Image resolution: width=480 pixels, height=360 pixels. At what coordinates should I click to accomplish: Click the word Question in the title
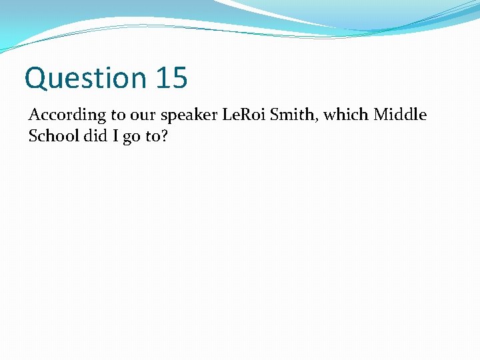(x=85, y=78)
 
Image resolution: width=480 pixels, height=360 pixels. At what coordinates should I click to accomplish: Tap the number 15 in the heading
(x=172, y=78)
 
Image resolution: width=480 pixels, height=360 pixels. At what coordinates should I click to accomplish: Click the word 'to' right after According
(x=119, y=115)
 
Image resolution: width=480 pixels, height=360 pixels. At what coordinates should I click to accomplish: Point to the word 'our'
(x=143, y=115)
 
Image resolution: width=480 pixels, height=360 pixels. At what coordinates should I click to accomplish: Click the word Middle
(x=399, y=115)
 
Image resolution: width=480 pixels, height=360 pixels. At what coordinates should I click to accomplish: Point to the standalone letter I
(x=111, y=135)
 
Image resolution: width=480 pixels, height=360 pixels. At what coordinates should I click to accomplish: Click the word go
(x=129, y=137)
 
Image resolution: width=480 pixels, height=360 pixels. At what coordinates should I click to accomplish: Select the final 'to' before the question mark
(x=151, y=135)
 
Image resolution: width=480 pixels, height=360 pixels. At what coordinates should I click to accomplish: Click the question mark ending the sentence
(x=163, y=135)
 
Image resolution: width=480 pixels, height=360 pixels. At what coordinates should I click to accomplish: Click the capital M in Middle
(x=381, y=115)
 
